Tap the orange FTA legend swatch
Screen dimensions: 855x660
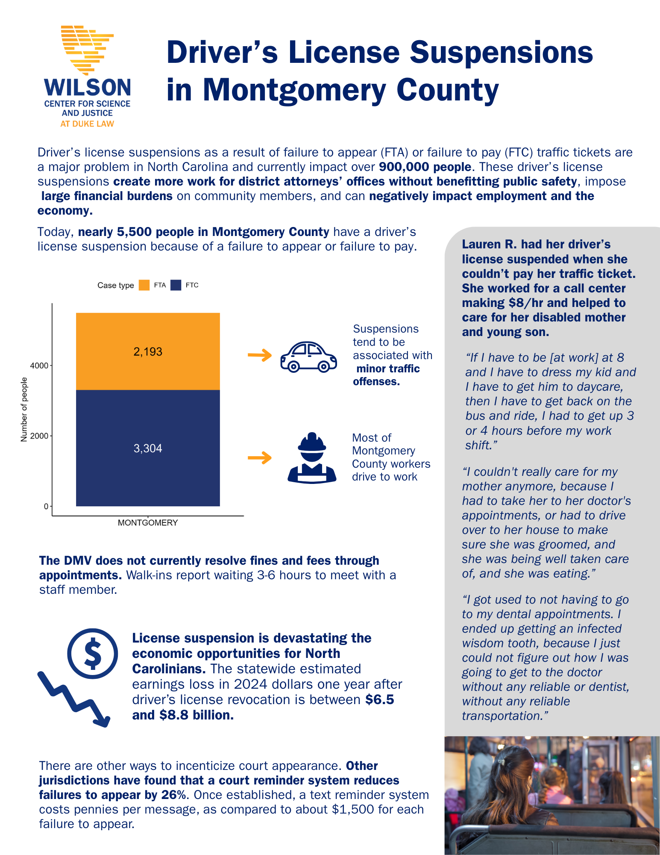click(x=144, y=285)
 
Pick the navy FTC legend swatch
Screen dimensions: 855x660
click(x=176, y=285)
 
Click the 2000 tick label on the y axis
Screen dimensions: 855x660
click(x=39, y=436)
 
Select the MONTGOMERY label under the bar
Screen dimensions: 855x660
click(x=148, y=523)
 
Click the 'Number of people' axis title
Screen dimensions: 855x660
click(x=24, y=410)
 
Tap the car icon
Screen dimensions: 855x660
click(x=308, y=357)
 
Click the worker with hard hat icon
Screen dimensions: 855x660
click(x=312, y=458)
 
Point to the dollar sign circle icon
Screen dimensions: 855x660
click(x=93, y=653)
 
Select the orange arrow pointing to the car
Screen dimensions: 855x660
click(x=260, y=355)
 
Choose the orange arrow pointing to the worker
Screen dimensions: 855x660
click(x=260, y=458)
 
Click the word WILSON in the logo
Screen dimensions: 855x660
click(x=88, y=88)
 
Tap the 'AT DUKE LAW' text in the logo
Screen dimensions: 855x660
click(x=87, y=124)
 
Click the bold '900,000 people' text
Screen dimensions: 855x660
click(x=425, y=167)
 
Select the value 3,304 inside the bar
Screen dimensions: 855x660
click(x=148, y=448)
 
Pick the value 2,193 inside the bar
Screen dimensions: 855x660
click(x=148, y=352)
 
